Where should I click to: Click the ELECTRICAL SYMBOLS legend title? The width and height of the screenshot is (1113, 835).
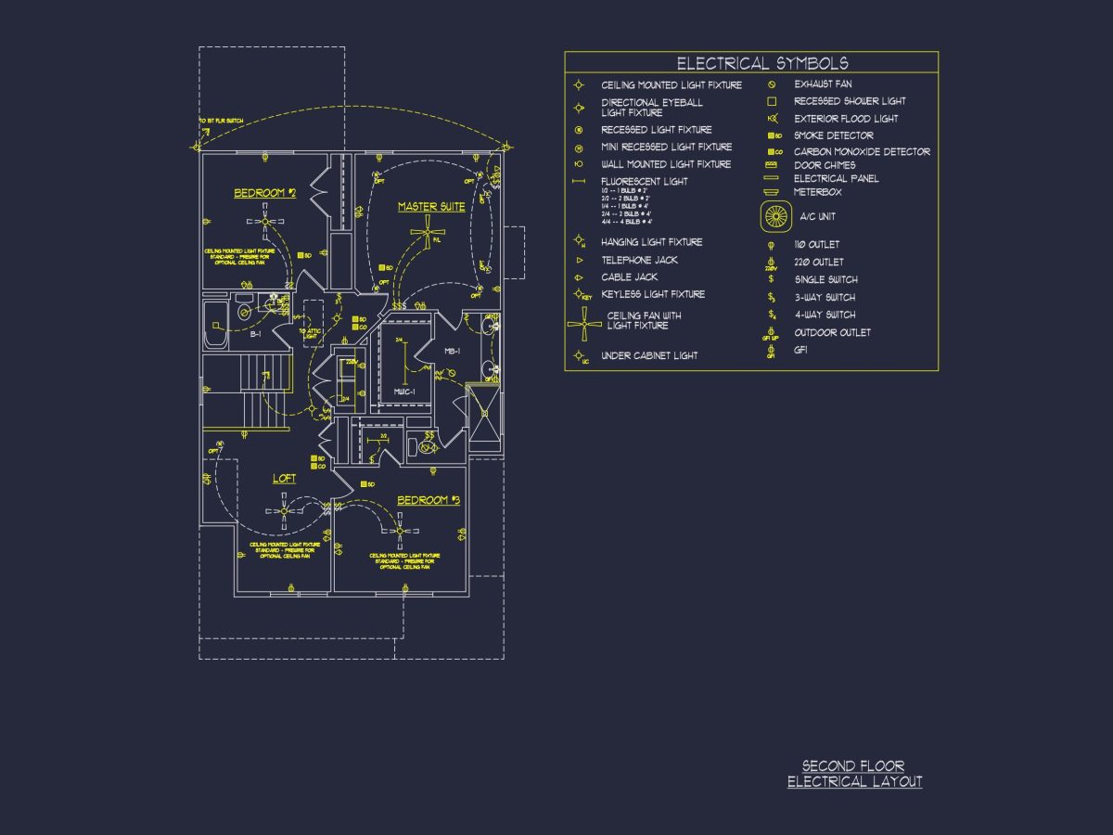click(761, 63)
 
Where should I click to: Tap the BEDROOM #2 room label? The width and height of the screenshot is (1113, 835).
click(264, 193)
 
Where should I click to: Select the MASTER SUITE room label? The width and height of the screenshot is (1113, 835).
click(431, 207)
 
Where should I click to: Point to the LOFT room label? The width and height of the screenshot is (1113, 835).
click(284, 479)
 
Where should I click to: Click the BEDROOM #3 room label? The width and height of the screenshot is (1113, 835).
click(429, 501)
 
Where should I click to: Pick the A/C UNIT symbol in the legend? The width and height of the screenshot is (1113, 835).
click(774, 216)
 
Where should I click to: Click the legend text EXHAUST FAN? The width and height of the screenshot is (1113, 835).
click(823, 84)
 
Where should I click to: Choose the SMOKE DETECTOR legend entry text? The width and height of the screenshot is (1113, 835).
click(833, 135)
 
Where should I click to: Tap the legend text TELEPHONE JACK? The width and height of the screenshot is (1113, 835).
click(639, 261)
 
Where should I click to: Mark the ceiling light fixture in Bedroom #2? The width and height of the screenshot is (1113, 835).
click(266, 221)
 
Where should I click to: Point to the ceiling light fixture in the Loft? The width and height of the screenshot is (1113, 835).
click(284, 510)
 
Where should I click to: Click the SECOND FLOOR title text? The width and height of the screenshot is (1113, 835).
click(853, 766)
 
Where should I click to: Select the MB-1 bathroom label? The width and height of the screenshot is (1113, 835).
click(452, 352)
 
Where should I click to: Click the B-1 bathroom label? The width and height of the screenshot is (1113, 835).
click(255, 333)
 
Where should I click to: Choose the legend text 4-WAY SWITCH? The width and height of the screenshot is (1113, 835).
click(825, 315)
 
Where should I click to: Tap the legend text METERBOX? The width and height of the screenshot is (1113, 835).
click(818, 192)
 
